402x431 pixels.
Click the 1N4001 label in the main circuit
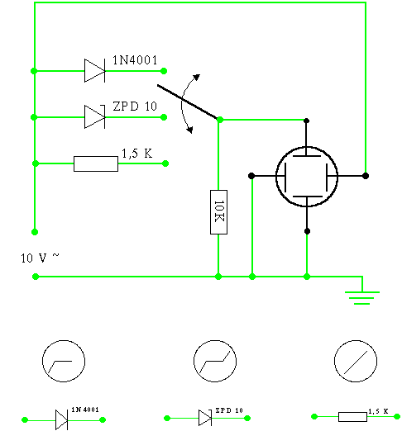tap(135, 60)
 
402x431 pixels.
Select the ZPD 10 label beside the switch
tap(135, 107)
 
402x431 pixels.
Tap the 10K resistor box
tap(218, 212)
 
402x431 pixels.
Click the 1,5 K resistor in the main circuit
tap(96, 163)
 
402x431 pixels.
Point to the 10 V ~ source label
tap(40, 258)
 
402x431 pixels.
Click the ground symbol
tap(362, 298)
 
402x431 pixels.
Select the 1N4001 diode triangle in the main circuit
tap(94, 71)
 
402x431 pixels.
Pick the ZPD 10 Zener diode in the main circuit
tap(95, 117)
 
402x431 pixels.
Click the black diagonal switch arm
tap(188, 102)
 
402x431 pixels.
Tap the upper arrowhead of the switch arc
tap(196, 77)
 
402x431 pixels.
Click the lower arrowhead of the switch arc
tap(189, 130)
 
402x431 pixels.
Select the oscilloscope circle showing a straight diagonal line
tap(356, 361)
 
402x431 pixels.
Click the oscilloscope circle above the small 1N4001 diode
tap(64, 361)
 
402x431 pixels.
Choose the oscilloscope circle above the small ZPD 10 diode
tap(215, 361)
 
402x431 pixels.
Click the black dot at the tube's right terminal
tap(366, 176)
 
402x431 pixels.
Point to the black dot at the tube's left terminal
tap(251, 176)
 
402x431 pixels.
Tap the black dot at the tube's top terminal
tap(306, 121)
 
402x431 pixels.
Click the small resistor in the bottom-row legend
tap(352, 417)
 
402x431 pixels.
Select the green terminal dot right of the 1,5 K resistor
tap(165, 163)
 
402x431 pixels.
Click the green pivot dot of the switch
tap(220, 120)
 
